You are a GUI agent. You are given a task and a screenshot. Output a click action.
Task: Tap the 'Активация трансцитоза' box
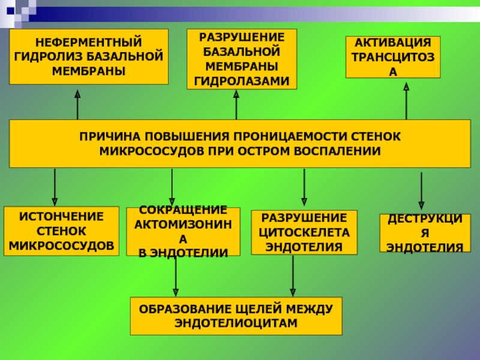pos(393,57)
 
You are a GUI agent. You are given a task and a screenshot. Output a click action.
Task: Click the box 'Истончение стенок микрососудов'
pos(61,231)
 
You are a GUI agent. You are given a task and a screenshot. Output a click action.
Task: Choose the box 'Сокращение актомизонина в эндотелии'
pos(183,232)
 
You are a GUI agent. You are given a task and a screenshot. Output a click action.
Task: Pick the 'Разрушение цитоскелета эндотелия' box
pos(304,232)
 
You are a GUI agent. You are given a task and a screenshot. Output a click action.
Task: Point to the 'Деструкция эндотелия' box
pos(424,233)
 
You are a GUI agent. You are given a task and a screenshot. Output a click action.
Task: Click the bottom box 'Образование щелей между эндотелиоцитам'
pos(236,316)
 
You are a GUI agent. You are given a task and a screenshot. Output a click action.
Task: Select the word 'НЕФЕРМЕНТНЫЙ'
pos(88,44)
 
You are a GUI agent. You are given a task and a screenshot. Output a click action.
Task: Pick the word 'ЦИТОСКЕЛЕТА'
pos(304,232)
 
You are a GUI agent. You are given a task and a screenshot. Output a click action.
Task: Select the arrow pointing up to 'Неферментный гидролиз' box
pos(77,104)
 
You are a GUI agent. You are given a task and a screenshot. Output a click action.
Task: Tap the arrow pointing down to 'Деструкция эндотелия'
pos(421,191)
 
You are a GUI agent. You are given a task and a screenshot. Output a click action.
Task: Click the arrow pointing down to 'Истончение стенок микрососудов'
pos(55,187)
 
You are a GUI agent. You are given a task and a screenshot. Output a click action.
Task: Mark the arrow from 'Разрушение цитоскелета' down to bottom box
pos(293,275)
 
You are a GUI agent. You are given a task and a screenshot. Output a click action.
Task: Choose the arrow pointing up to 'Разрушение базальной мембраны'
pos(236,104)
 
